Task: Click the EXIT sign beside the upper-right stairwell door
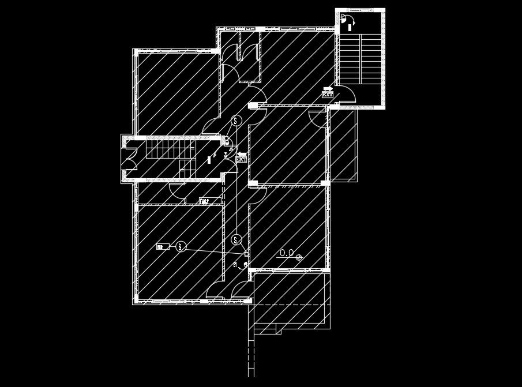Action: coord(328,94)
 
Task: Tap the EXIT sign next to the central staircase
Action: coord(241,160)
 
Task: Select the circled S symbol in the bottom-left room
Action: coord(181,246)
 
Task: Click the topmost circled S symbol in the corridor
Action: coord(236,121)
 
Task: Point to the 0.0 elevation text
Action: coord(287,253)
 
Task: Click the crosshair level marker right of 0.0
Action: coord(299,257)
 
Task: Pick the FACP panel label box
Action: coord(204,201)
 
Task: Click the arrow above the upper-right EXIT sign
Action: coord(328,88)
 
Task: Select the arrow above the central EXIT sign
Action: coord(241,153)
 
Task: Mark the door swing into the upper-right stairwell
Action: coord(345,93)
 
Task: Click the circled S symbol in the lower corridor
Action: coord(236,239)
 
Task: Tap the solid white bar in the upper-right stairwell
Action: coord(350,27)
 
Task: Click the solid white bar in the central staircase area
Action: coord(209,159)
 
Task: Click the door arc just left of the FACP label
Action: coord(177,192)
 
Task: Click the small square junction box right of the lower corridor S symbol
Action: coord(246,254)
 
